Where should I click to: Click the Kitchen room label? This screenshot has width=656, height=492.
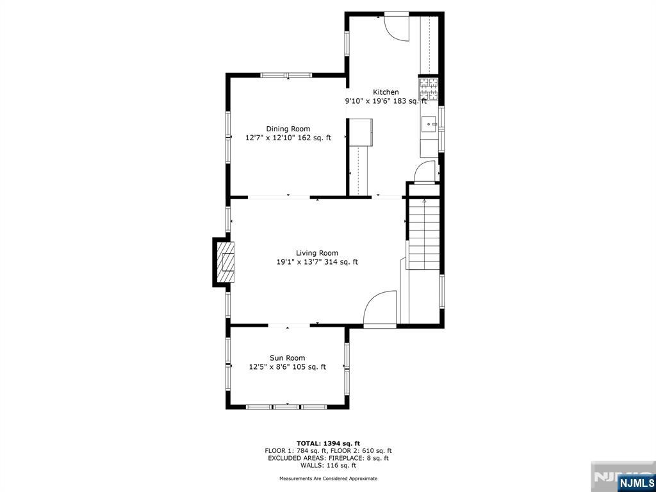click(386, 92)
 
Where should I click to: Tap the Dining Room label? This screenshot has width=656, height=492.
click(288, 129)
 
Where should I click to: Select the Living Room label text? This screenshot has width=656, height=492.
click(317, 252)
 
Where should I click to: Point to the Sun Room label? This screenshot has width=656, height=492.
click(287, 358)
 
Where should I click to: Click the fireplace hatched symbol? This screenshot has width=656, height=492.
click(225, 262)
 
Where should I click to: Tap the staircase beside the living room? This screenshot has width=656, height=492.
click(424, 234)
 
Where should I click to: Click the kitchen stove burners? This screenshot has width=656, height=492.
click(429, 89)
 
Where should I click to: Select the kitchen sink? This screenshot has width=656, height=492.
click(429, 125)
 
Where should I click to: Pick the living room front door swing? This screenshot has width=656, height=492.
click(379, 309)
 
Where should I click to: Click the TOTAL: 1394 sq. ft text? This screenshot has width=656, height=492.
click(329, 443)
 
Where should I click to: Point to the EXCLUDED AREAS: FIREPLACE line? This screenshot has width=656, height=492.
click(329, 458)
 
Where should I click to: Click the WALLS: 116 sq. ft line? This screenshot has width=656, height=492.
click(329, 465)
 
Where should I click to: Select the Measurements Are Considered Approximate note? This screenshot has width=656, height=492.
click(329, 478)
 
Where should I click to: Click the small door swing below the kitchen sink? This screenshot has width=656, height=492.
click(425, 172)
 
